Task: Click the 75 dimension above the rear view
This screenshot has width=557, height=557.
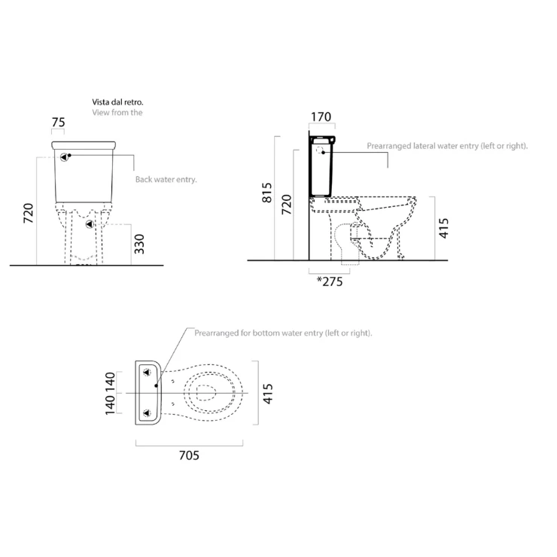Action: pos(58,122)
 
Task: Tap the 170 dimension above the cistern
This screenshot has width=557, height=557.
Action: pos(321,117)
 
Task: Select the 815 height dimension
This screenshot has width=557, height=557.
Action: pos(266,193)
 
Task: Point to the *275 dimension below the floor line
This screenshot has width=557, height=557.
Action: pos(330,282)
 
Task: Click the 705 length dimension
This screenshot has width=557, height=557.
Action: pos(189,455)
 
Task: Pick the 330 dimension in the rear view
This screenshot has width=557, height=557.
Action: pos(139,244)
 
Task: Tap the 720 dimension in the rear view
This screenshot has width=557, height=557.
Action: pos(28,213)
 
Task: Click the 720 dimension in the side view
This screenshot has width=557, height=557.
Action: pos(286,204)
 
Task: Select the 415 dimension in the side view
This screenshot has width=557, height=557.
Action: pos(443,228)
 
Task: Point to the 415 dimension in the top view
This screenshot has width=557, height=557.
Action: pos(267,394)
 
